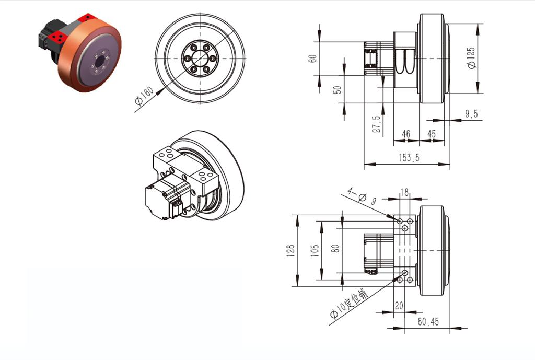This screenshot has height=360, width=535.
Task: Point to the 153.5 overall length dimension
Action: pyautogui.click(x=408, y=158)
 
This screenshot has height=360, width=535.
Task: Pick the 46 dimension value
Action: pyautogui.click(x=406, y=134)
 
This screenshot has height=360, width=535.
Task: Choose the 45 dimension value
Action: pyautogui.click(x=432, y=134)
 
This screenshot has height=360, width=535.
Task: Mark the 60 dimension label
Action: pyautogui.click(x=312, y=58)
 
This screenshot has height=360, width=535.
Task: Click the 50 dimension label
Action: pyautogui.click(x=338, y=89)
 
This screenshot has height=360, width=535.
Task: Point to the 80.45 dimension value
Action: pyautogui.click(x=428, y=322)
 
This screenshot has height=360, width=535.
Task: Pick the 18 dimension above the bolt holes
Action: pyautogui.click(x=404, y=193)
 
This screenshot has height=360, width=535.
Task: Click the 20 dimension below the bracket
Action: pyautogui.click(x=399, y=306)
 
